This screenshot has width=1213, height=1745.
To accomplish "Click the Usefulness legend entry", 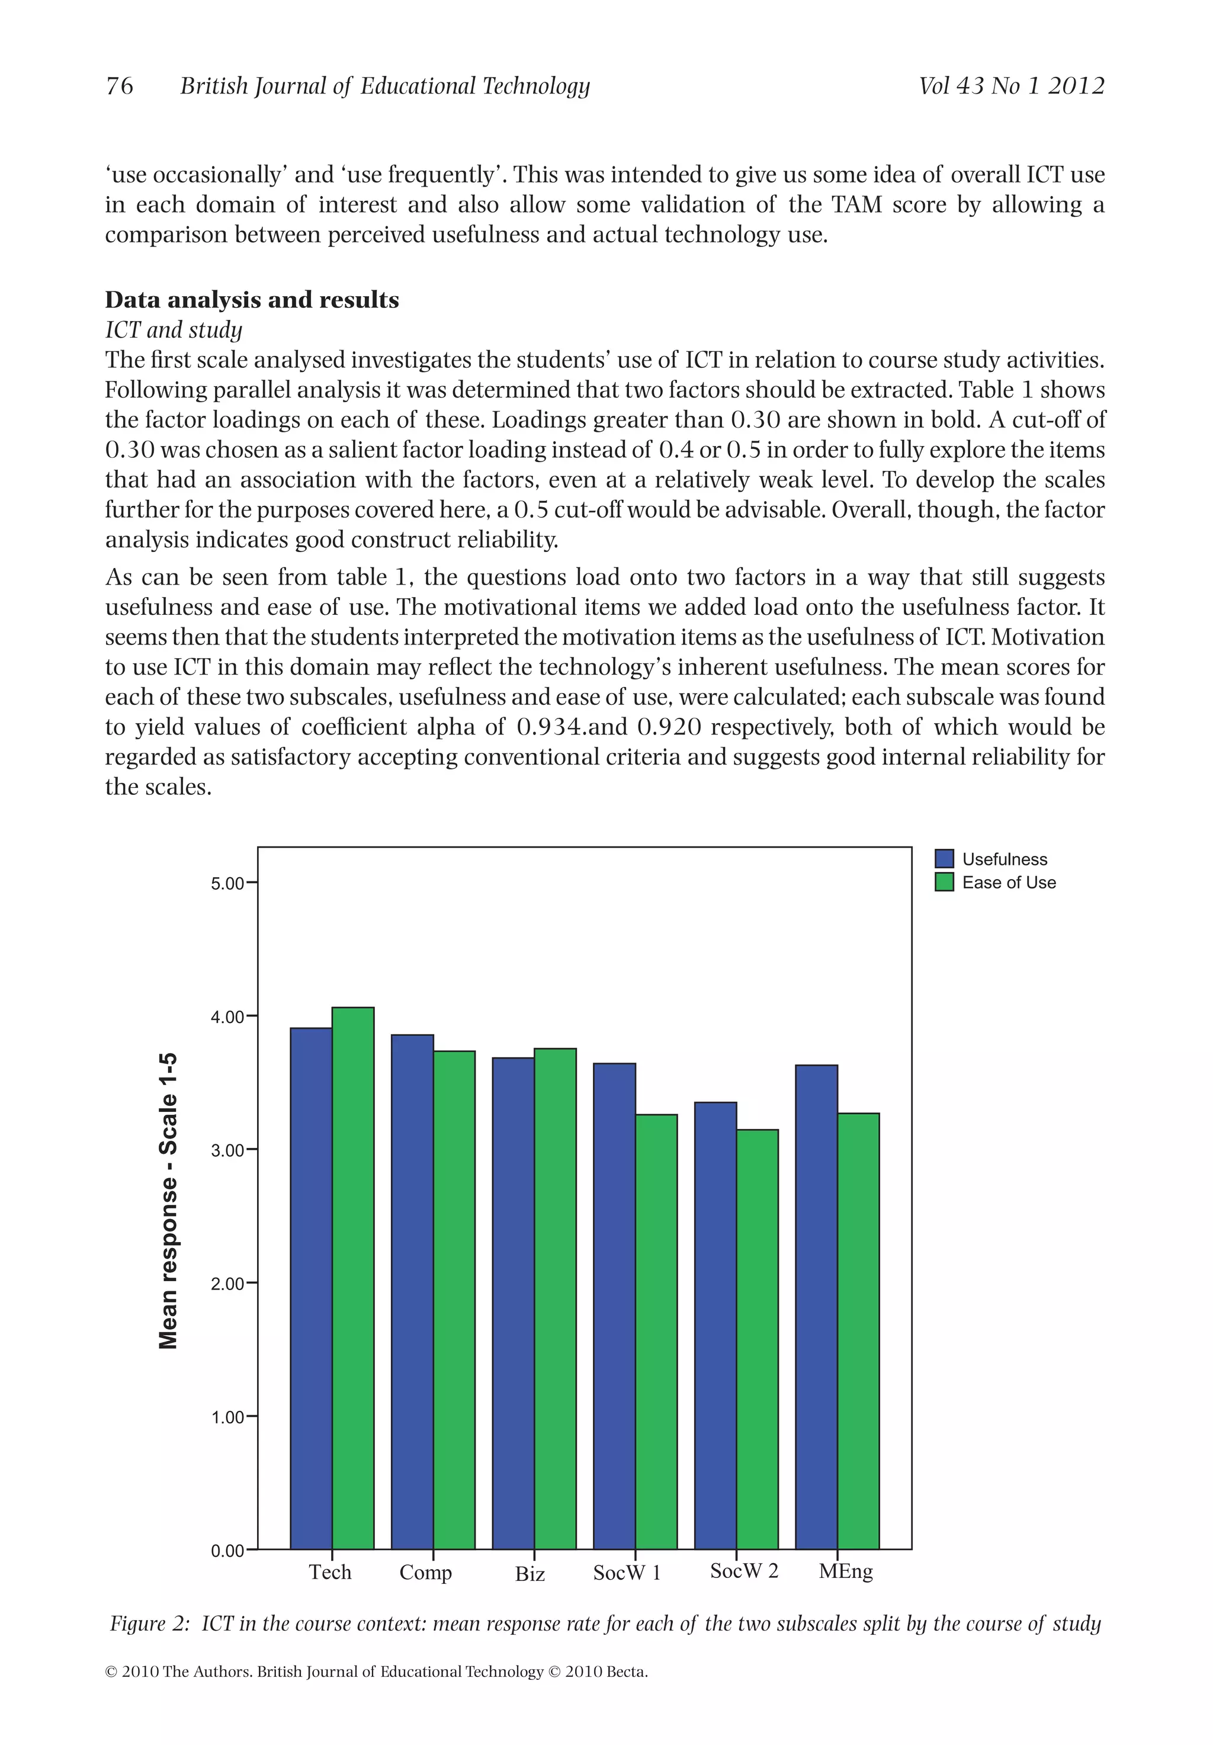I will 1004,859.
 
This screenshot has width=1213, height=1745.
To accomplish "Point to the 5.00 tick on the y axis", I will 228,884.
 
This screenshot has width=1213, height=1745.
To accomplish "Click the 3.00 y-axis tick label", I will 228,1151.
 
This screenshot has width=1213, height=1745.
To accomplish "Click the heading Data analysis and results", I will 252,300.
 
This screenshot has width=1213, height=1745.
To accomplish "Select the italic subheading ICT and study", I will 174,330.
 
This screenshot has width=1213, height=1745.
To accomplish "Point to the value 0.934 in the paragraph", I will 550,727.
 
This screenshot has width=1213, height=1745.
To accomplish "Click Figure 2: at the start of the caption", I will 149,1624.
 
